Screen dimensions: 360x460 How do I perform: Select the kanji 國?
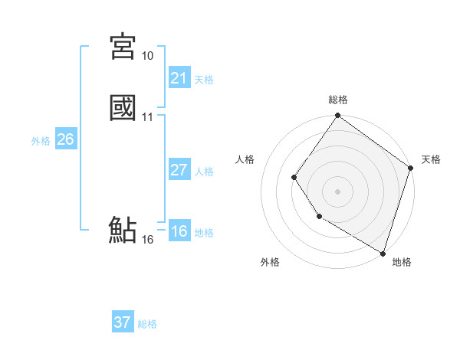[x=123, y=107]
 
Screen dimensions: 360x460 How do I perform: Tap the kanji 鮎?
[x=123, y=230]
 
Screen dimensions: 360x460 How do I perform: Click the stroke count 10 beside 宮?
[x=147, y=56]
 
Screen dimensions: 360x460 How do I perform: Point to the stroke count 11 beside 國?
[x=147, y=116]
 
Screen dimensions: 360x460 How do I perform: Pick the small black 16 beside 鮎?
[x=147, y=240]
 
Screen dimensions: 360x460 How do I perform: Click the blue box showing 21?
[x=179, y=78]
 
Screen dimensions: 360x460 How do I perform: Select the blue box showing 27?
[x=179, y=170]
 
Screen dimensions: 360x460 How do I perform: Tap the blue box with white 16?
[x=179, y=231]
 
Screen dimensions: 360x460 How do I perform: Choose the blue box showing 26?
[x=65, y=139]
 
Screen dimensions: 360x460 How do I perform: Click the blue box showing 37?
[x=123, y=322]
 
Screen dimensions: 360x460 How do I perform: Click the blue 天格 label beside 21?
[x=204, y=80]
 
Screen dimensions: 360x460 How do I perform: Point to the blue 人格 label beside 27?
[x=204, y=172]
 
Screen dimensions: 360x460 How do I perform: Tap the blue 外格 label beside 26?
[x=41, y=141]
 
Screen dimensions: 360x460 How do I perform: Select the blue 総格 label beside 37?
[x=147, y=324]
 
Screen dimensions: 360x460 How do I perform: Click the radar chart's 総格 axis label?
[x=337, y=100]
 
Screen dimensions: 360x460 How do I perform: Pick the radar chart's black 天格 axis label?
[x=431, y=159]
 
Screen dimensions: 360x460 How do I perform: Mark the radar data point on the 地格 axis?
[x=383, y=252]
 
